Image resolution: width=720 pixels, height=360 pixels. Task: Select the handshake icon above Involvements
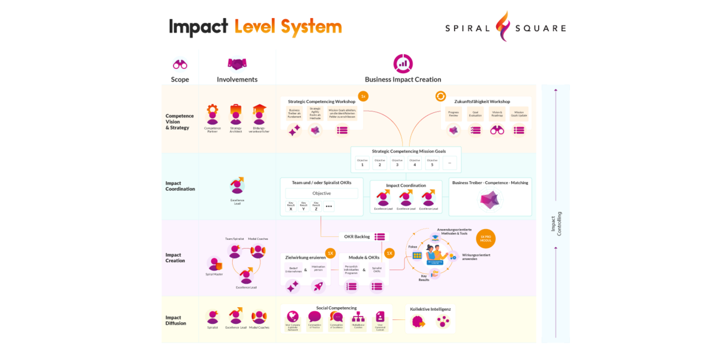(237, 64)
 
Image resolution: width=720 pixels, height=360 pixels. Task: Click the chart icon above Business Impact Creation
(403, 63)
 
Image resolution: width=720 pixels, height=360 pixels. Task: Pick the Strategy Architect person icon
(236, 115)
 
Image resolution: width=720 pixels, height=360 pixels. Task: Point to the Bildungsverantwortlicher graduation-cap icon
(259, 115)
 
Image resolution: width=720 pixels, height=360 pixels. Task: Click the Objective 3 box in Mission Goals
(397, 163)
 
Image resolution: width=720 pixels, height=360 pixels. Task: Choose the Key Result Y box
(304, 206)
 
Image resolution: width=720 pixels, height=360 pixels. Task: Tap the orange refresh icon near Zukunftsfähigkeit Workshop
(440, 96)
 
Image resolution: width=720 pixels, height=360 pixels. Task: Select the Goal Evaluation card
(476, 114)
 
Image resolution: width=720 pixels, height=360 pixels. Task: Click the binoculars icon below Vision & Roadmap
(497, 130)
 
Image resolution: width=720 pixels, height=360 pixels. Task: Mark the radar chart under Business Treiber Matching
(490, 200)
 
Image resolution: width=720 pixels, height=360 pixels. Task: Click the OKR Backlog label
(358, 236)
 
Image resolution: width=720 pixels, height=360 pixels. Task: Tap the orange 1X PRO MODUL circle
(485, 238)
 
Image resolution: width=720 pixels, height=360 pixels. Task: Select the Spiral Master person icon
(214, 263)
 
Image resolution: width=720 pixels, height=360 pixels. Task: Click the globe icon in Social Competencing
(292, 317)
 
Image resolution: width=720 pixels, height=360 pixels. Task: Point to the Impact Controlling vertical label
(556, 223)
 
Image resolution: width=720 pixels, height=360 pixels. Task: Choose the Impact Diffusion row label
(176, 320)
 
